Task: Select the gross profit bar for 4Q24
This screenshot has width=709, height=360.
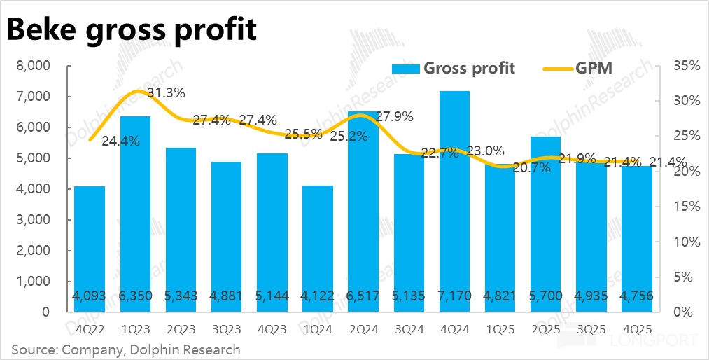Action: pyautogui.click(x=454, y=203)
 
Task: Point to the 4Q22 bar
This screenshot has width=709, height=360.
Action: pyautogui.click(x=89, y=249)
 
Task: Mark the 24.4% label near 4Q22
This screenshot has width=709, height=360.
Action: pyautogui.click(x=120, y=141)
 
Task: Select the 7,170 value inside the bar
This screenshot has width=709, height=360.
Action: pyautogui.click(x=454, y=296)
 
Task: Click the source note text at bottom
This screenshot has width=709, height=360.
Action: pyautogui.click(x=126, y=349)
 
